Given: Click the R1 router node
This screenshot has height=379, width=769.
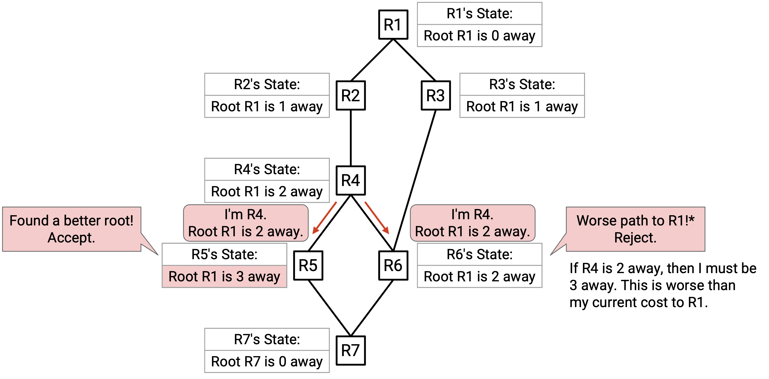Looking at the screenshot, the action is click(393, 25).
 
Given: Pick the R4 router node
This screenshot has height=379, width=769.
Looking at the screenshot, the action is click(351, 181).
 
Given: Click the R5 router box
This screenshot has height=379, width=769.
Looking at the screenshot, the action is click(308, 266).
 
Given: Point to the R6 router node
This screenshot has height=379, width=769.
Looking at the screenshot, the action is click(393, 266).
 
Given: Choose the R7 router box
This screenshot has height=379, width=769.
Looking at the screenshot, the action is click(351, 351).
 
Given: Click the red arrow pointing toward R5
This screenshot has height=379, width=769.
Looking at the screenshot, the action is click(325, 218).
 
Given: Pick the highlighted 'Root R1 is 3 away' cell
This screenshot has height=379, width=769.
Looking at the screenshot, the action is click(225, 277).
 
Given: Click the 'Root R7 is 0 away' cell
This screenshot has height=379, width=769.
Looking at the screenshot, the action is click(267, 362).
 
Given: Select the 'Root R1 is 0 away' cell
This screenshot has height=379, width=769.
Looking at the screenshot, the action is click(480, 36).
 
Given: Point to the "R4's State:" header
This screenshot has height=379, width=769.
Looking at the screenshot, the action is click(267, 169).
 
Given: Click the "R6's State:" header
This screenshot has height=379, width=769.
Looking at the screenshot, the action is click(480, 254).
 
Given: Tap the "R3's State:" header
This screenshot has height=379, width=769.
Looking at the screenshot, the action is click(522, 84).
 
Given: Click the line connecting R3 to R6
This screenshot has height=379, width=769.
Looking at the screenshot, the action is click(415, 181).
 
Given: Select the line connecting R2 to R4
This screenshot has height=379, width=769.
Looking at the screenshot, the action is click(351, 138).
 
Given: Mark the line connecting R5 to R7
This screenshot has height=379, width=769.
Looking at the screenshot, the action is click(329, 308).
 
